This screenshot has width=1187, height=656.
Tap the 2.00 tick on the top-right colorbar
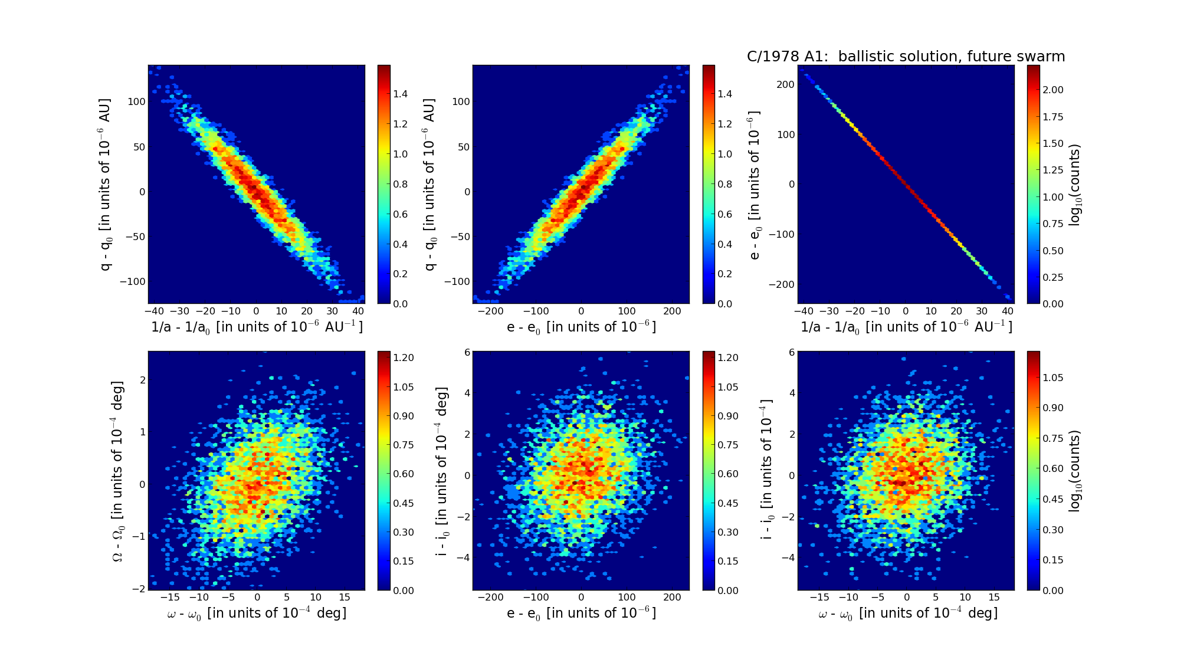pyautogui.click(x=1053, y=90)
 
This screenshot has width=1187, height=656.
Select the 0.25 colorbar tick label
pyautogui.click(x=1053, y=277)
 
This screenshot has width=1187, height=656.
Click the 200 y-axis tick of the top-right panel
pyautogui.click(x=786, y=84)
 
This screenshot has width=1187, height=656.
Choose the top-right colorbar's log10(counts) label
pyautogui.click(x=1075, y=185)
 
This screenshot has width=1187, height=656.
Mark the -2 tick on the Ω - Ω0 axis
pyautogui.click(x=139, y=589)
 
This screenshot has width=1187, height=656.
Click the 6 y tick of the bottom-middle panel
pyautogui.click(x=467, y=352)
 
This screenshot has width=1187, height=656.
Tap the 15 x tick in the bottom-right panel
pyautogui.click(x=994, y=598)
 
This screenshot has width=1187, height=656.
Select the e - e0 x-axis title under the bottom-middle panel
pyautogui.click(x=581, y=614)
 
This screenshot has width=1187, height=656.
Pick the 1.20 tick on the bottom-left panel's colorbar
pyautogui.click(x=404, y=357)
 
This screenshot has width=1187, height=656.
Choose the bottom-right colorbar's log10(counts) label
pyautogui.click(x=1075, y=471)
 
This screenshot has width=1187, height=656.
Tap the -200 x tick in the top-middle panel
pyautogui.click(x=490, y=311)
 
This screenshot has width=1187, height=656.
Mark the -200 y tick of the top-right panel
pyautogui.click(x=782, y=284)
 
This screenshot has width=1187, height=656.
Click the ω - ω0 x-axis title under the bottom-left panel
pyautogui.click(x=257, y=614)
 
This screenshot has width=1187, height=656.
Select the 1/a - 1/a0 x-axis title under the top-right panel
pyautogui.click(x=906, y=327)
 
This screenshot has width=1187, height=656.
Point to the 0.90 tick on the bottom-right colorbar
pyautogui.click(x=1053, y=408)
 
